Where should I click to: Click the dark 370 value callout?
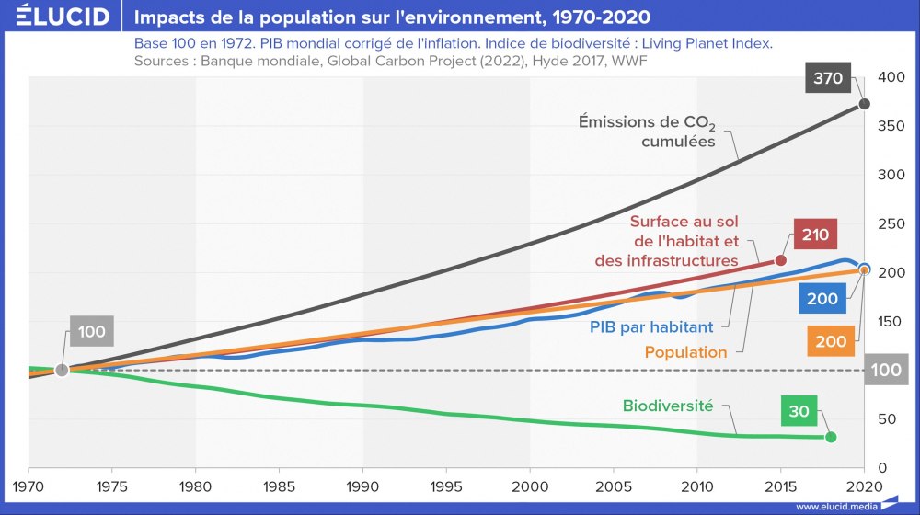click(828, 78)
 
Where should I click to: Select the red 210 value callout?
click(814, 235)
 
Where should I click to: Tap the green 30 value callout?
click(799, 411)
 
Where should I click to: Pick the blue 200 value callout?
click(822, 299)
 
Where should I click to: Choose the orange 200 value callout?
click(831, 341)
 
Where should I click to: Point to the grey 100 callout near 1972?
click(91, 332)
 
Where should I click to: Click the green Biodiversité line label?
click(668, 406)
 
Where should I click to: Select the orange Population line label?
click(685, 352)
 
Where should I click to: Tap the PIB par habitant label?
click(650, 326)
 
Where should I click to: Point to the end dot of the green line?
click(831, 437)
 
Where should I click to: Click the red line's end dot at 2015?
click(781, 260)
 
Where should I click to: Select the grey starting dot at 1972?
click(62, 370)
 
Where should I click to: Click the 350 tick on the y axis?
click(891, 126)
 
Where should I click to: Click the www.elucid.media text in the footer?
click(835, 506)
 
